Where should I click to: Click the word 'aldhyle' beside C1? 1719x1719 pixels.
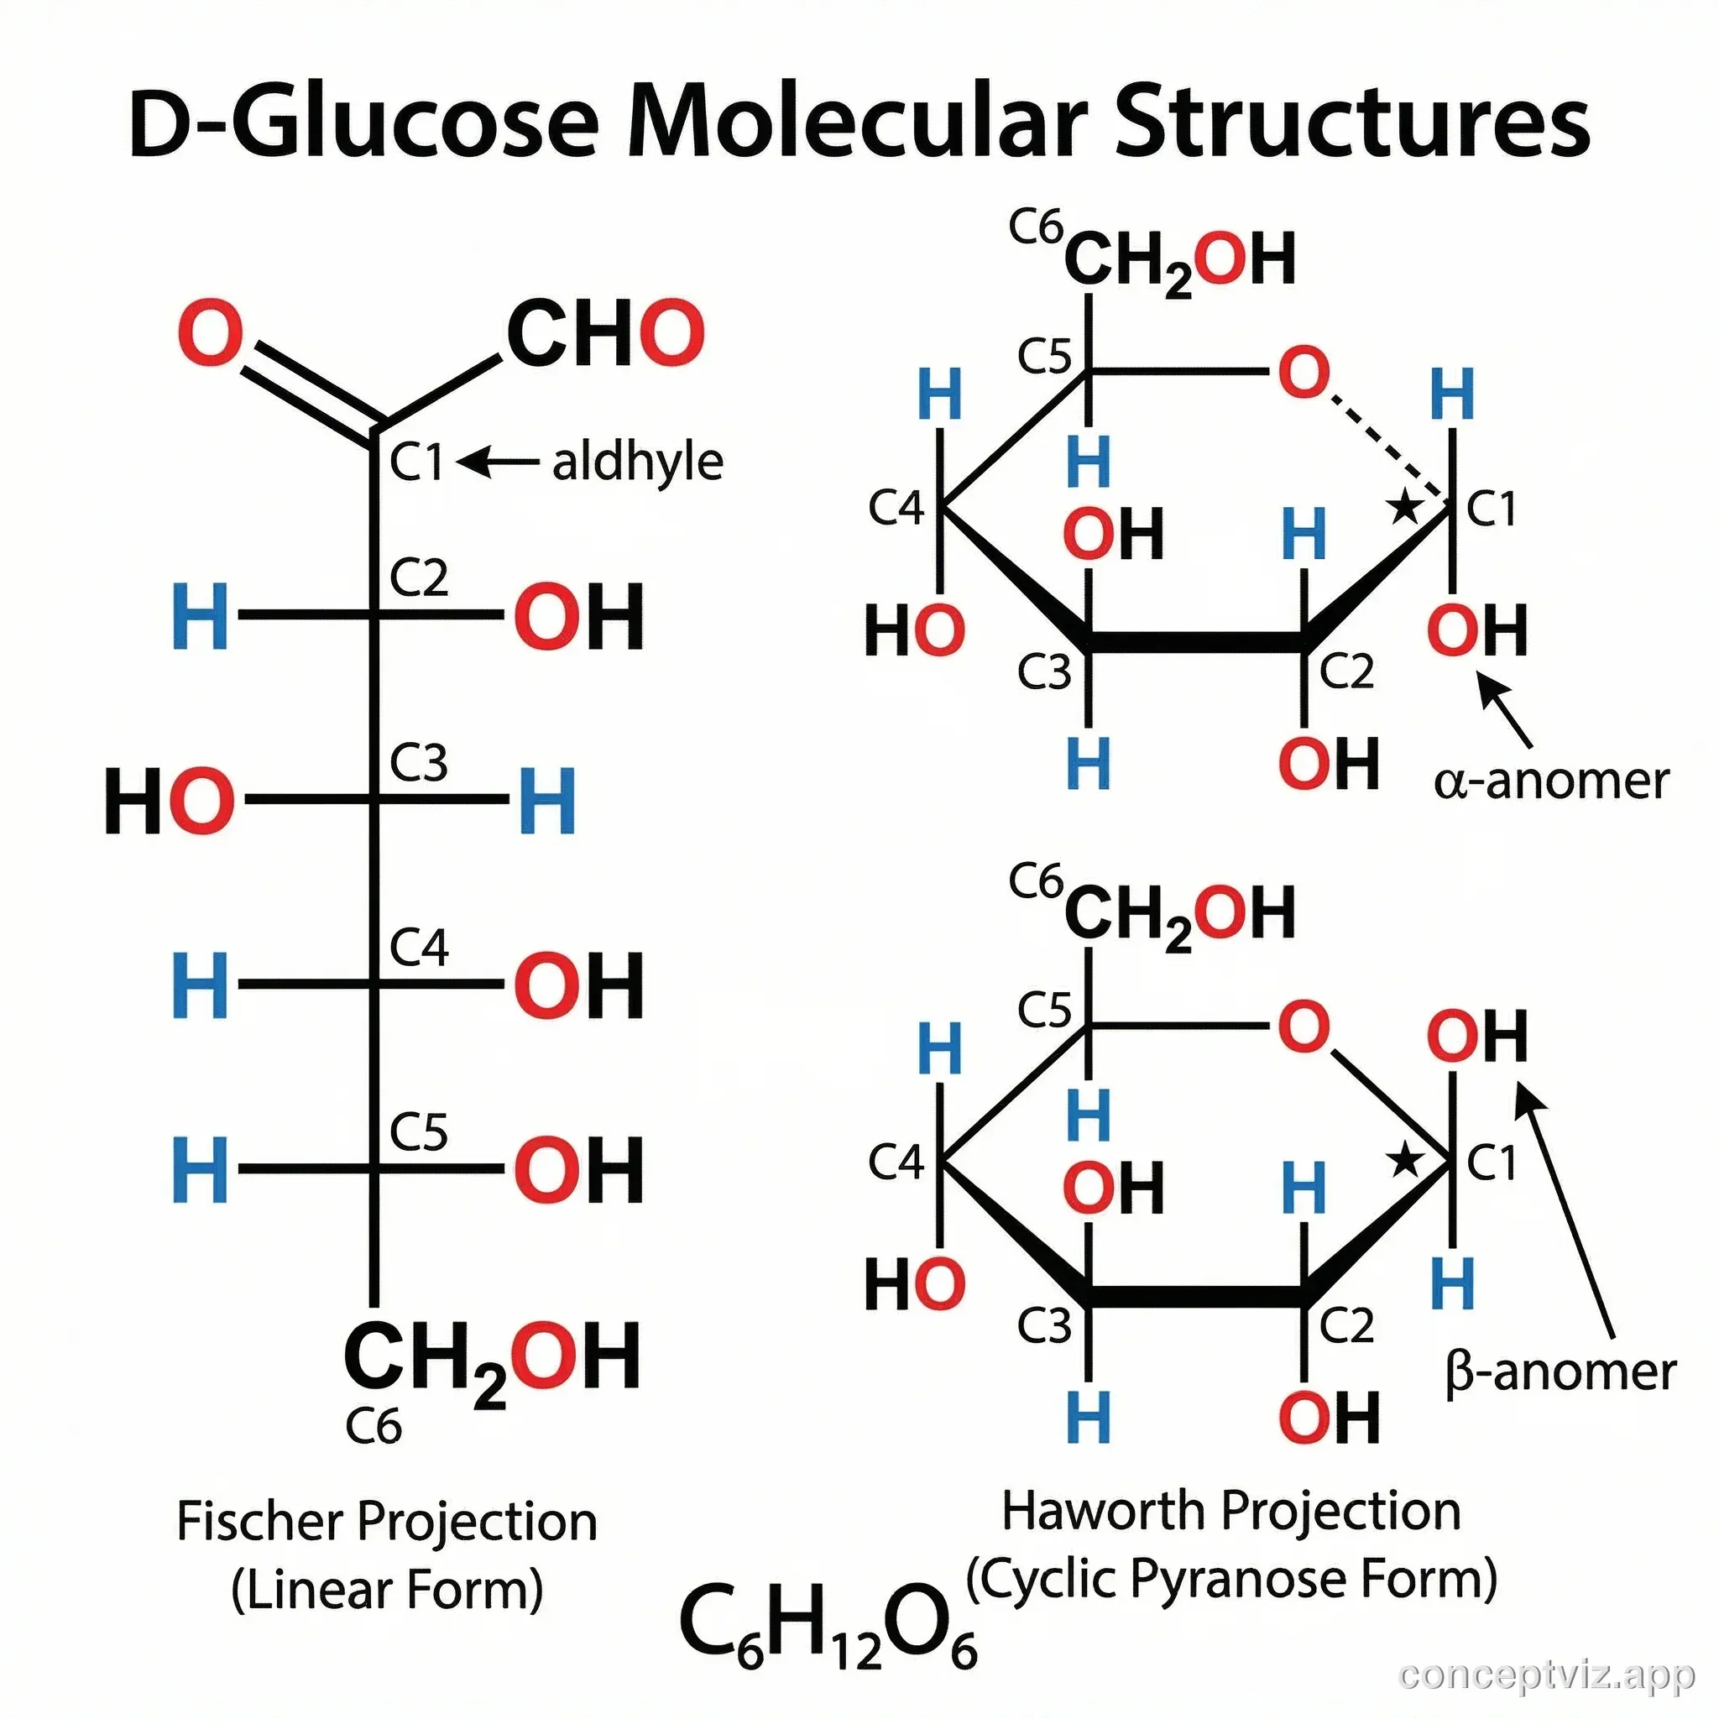click(637, 462)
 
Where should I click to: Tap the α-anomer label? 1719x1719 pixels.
click(1551, 781)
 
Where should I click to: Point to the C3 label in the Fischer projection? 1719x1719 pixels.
click(418, 762)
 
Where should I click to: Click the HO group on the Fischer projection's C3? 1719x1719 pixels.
click(169, 801)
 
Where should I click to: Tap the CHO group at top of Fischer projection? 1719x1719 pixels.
click(605, 334)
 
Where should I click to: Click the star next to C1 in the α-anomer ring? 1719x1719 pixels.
click(1405, 508)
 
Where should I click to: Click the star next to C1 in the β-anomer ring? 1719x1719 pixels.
click(1405, 1160)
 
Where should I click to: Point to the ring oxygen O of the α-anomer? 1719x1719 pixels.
click(1304, 373)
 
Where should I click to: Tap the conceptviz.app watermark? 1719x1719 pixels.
click(1546, 1675)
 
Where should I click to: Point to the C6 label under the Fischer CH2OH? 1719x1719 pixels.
click(373, 1426)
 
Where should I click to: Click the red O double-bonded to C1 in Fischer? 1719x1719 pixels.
click(210, 334)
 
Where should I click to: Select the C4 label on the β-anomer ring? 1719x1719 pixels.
click(896, 1161)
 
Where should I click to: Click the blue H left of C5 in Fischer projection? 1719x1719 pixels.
click(201, 1168)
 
